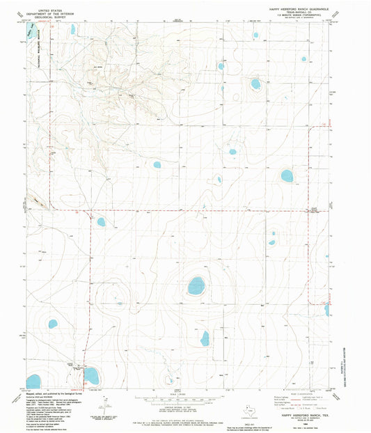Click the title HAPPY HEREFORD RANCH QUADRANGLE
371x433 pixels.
click(x=299, y=9)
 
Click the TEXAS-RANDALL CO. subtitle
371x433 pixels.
click(x=299, y=13)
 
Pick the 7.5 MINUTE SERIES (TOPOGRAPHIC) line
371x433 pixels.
click(x=299, y=17)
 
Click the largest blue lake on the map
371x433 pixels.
click(x=196, y=285)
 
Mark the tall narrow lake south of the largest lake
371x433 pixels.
click(x=205, y=338)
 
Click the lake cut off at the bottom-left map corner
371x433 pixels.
click(x=33, y=381)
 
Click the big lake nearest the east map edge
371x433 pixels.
click(x=287, y=175)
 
